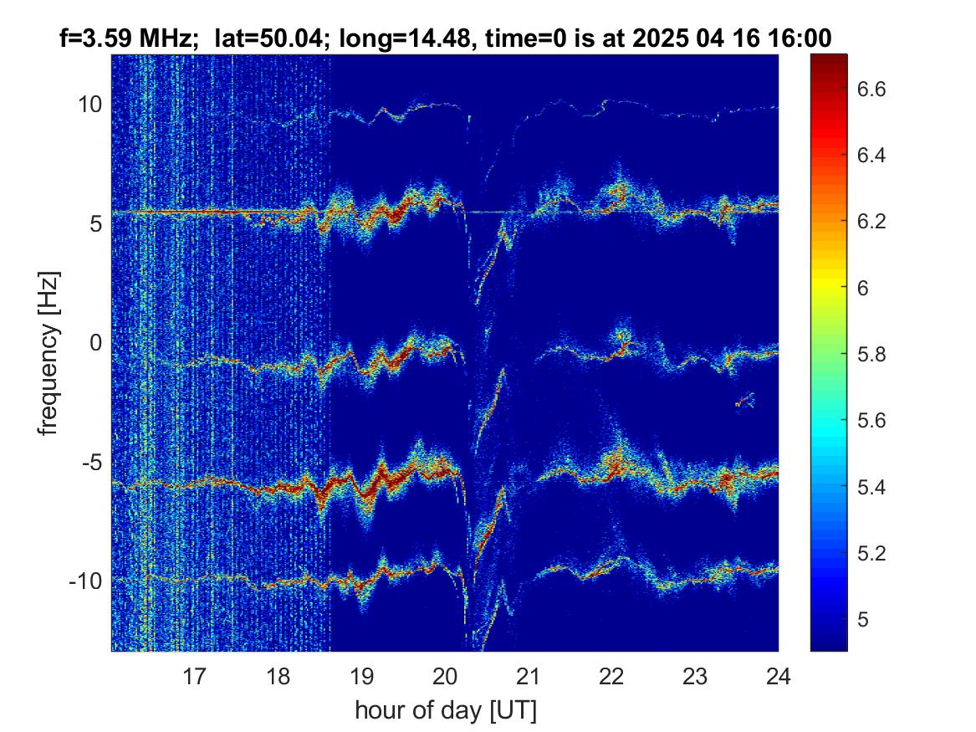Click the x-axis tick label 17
(x=194, y=676)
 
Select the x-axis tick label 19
(x=361, y=676)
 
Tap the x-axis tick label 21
(x=528, y=676)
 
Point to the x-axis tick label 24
(x=778, y=676)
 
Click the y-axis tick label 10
(x=89, y=104)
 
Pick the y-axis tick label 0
(x=95, y=342)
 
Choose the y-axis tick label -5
(x=91, y=463)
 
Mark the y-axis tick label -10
(x=85, y=581)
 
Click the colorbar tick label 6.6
(x=871, y=89)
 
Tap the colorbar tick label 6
(x=863, y=288)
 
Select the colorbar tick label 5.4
(x=871, y=487)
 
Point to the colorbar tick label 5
(x=863, y=619)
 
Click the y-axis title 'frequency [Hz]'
(x=49, y=353)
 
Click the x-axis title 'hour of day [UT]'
(x=446, y=710)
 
